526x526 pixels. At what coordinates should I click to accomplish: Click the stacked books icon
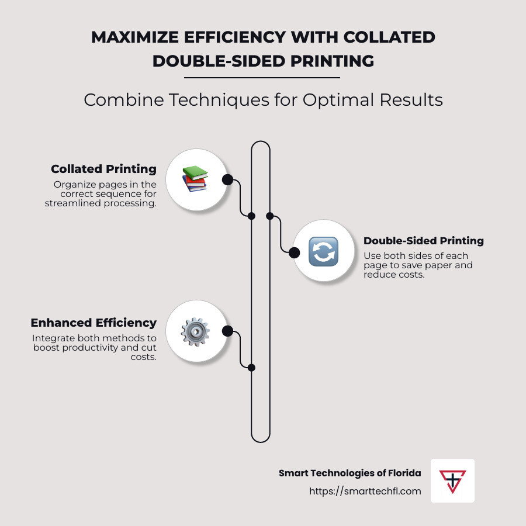[x=195, y=179]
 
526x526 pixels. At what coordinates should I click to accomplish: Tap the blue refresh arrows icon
[x=323, y=251]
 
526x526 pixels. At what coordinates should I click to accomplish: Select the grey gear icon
[x=195, y=332]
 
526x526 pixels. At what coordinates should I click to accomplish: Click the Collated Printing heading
[x=103, y=169]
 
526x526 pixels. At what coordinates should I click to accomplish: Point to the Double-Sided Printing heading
[x=424, y=241]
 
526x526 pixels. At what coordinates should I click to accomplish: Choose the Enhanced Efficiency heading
[x=94, y=323]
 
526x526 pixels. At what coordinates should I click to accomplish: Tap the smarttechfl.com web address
[x=365, y=491]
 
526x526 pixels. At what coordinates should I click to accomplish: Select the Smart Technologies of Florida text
[x=350, y=473]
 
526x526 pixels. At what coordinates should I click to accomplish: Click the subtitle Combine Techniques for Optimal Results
[x=264, y=100]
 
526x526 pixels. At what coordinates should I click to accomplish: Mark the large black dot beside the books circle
[x=227, y=180]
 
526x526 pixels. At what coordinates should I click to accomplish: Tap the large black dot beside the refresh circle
[x=294, y=252]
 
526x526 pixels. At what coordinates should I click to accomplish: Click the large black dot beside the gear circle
[x=227, y=331]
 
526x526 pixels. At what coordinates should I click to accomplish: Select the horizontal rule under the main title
[x=262, y=78]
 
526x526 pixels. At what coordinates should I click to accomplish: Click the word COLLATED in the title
[x=389, y=37]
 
